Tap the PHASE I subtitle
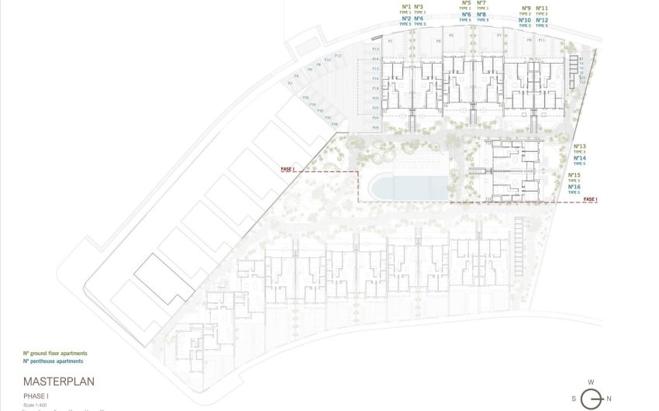[x=36, y=395]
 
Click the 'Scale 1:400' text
[x=35, y=403]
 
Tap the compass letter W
[x=592, y=382]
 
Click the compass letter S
[x=574, y=399]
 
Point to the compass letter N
[x=609, y=399]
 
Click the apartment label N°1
[x=406, y=7]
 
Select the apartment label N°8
[x=481, y=15]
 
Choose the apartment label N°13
[x=579, y=146]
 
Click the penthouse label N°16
[x=574, y=187]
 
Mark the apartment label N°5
[x=466, y=3]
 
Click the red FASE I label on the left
[x=288, y=168]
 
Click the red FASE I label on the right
[x=591, y=199]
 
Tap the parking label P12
[x=337, y=55]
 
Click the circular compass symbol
[x=592, y=399]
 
